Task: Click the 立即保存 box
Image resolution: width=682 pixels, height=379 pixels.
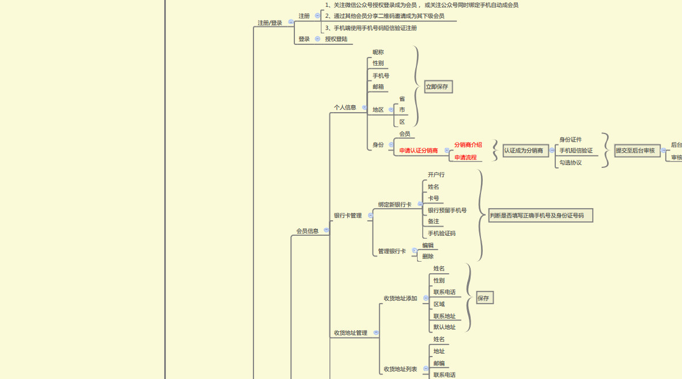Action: [x=438, y=87]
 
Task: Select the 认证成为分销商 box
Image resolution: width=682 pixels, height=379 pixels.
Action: [x=525, y=151]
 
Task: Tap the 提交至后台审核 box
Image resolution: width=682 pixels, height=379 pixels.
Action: [x=636, y=151]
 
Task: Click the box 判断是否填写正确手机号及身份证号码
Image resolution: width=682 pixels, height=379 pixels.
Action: [x=540, y=216]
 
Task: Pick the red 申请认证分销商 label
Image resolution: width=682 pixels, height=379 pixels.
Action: [x=419, y=151]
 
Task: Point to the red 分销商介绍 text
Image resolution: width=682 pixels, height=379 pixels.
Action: [x=468, y=145]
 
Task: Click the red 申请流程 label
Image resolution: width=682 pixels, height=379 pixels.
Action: [x=465, y=158]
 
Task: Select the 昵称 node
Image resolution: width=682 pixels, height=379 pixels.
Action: [x=378, y=52]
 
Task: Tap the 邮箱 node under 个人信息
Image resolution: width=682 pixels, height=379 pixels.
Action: [x=378, y=87]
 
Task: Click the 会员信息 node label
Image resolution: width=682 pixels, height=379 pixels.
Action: [x=308, y=231]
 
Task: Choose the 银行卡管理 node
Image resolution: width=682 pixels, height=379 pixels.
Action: [x=348, y=216]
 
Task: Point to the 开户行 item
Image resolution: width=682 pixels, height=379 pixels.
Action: [x=436, y=175]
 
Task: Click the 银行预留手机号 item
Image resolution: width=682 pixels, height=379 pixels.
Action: [x=447, y=210]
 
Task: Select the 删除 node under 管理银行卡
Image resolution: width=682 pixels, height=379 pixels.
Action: [x=428, y=257]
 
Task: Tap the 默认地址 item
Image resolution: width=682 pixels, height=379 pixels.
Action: [x=445, y=327]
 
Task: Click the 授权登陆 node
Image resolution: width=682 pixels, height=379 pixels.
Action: [x=336, y=39]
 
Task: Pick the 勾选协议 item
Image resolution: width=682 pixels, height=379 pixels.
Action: [x=570, y=163]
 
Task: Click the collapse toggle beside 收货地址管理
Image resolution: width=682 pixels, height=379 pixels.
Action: [x=376, y=332]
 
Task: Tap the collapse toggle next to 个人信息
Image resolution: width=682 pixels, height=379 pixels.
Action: [x=364, y=108]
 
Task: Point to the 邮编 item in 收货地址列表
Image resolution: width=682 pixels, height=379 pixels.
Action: [x=439, y=363]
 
